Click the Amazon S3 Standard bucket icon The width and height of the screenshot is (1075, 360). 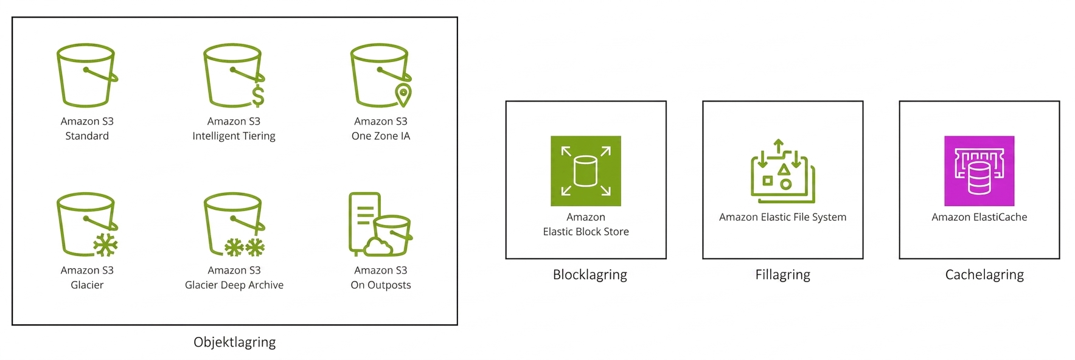[x=87, y=75]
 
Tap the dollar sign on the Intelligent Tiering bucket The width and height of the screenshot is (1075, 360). [x=258, y=96]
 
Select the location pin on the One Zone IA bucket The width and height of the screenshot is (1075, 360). [x=403, y=95]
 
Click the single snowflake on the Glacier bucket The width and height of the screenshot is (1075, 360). [x=105, y=245]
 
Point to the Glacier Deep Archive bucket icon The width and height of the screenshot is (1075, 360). [x=234, y=224]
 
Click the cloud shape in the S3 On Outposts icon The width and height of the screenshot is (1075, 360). [x=378, y=247]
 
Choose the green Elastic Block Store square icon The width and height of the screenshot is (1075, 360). [x=586, y=171]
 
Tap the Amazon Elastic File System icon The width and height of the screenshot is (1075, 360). [x=783, y=171]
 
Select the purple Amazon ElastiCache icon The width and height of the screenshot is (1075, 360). [x=979, y=171]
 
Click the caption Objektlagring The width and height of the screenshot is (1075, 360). [x=235, y=342]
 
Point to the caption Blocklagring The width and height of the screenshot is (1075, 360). [x=590, y=275]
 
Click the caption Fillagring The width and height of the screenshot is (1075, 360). [x=783, y=275]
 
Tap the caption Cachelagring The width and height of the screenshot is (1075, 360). [x=984, y=275]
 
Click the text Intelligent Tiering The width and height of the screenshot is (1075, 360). [x=234, y=136]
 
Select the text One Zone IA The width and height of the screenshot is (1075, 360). [x=381, y=136]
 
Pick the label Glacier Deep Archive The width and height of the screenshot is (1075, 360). [x=234, y=285]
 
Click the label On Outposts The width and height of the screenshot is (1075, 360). [x=381, y=285]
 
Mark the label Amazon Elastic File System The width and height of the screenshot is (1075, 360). [x=783, y=217]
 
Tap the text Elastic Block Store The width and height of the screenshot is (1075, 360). [x=586, y=232]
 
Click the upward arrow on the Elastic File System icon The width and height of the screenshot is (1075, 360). [x=779, y=148]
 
